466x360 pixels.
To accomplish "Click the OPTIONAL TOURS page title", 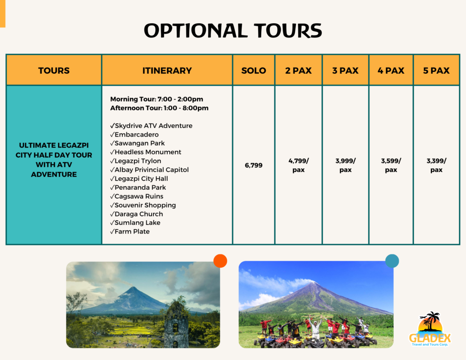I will coord(233,30).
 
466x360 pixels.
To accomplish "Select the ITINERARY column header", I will coord(167,71).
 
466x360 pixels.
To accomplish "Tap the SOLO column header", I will coord(253,71).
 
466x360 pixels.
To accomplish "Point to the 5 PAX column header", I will coord(436,71).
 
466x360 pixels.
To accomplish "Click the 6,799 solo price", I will coord(253,165).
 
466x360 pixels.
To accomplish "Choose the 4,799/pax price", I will coord(298,165).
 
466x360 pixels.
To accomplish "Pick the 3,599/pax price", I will coord(391,165).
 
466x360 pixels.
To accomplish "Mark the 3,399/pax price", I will coord(436,165).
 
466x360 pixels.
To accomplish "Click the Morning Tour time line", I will coord(157,99).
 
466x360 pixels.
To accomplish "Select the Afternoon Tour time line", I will coord(159,108).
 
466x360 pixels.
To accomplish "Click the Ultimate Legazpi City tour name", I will coord(54,160).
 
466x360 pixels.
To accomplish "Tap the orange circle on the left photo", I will coord(220,261).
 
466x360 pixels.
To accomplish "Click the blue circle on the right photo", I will coord(392,261).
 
